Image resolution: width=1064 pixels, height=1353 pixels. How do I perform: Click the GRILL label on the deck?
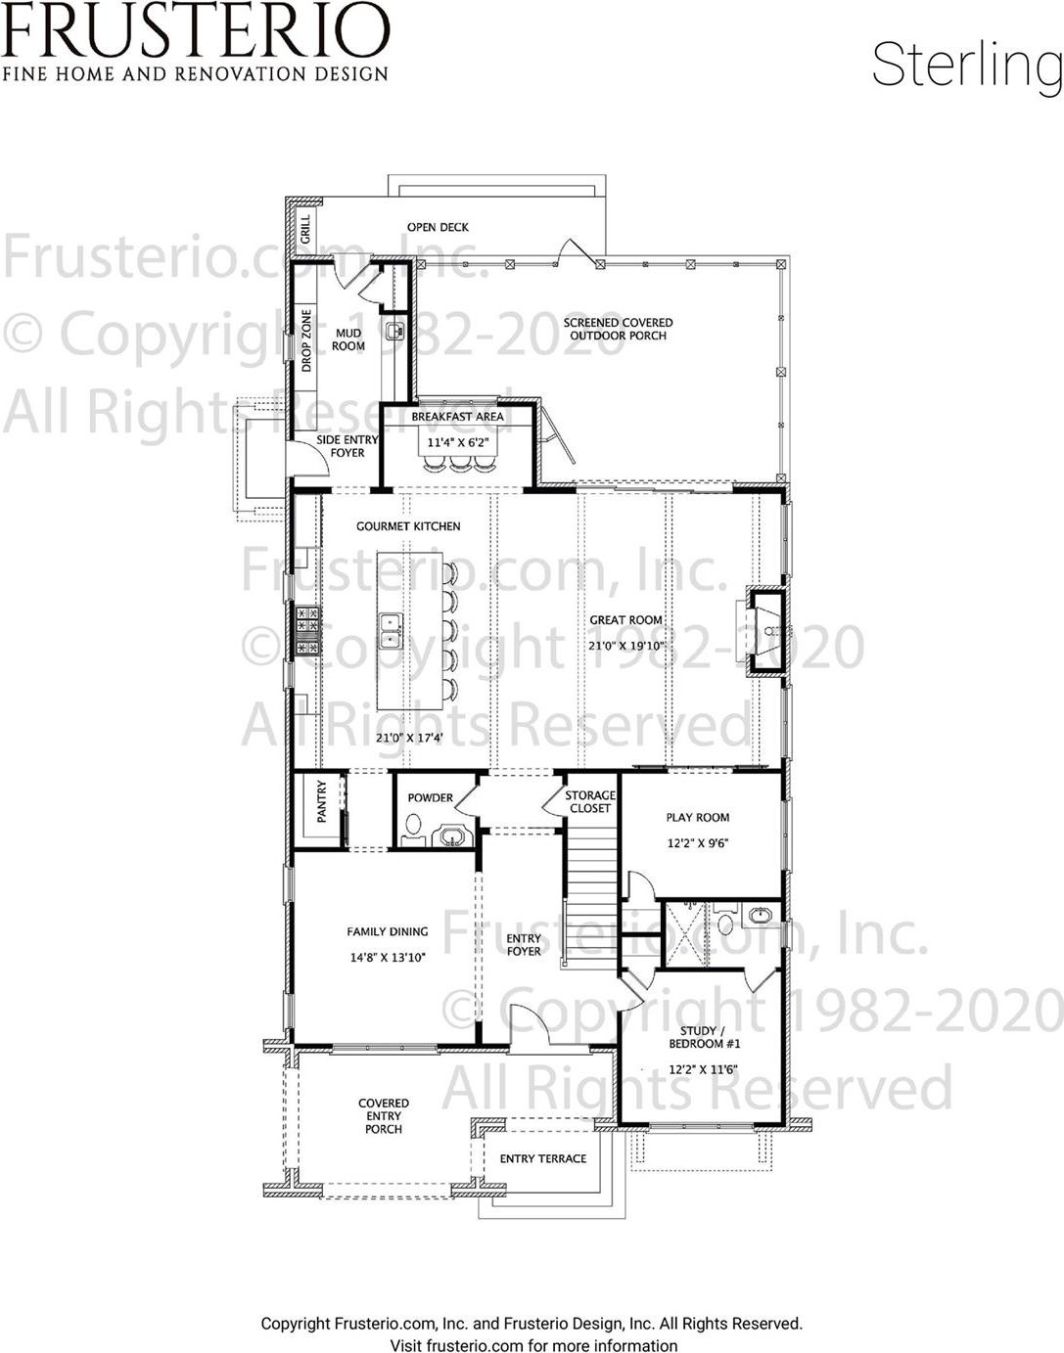point(305,229)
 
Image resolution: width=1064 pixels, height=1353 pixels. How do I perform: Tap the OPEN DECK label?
point(438,227)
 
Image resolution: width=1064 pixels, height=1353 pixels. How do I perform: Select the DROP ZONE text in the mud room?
point(306,341)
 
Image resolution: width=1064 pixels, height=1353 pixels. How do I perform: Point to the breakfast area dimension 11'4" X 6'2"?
point(458,443)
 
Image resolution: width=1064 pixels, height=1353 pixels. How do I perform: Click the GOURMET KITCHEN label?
point(408,526)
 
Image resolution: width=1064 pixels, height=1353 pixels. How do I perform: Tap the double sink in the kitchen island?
point(391,630)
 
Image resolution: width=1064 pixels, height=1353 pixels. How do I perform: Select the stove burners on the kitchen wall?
point(308,631)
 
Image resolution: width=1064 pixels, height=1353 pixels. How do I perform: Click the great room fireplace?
point(765,631)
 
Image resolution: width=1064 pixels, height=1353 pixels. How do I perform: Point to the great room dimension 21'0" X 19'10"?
point(626,646)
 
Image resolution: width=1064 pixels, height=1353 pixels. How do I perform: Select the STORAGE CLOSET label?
point(590,802)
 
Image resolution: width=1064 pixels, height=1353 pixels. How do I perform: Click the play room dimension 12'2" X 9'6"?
point(698,843)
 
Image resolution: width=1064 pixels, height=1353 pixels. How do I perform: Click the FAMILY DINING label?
point(388,931)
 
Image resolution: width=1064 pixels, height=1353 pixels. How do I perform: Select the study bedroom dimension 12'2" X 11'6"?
point(704,1069)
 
